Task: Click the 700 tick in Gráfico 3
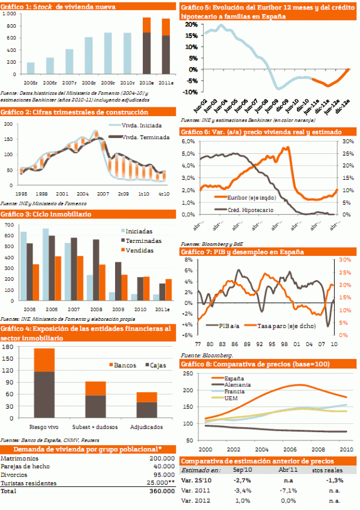click(9, 225)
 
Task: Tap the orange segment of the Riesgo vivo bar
click(44, 360)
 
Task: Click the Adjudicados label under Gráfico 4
click(143, 426)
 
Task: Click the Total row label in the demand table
click(8, 491)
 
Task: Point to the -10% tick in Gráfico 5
click(191, 92)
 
